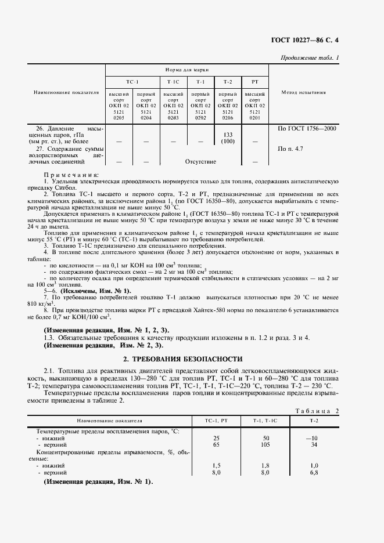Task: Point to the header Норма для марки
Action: coord(186,69)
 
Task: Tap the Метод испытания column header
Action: coord(303,92)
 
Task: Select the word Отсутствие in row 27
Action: coord(200,162)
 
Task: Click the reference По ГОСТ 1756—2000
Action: coord(307,128)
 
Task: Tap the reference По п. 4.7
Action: coord(290,149)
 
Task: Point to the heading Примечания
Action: coord(71,174)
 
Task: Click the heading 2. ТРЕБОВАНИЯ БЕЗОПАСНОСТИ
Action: coord(192,359)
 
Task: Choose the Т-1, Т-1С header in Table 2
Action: coord(265,420)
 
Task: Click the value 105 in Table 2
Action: coord(265,444)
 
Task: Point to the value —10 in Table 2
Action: coord(314,438)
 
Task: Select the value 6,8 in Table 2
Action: coord(314,472)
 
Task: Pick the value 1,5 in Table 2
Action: coord(216,465)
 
